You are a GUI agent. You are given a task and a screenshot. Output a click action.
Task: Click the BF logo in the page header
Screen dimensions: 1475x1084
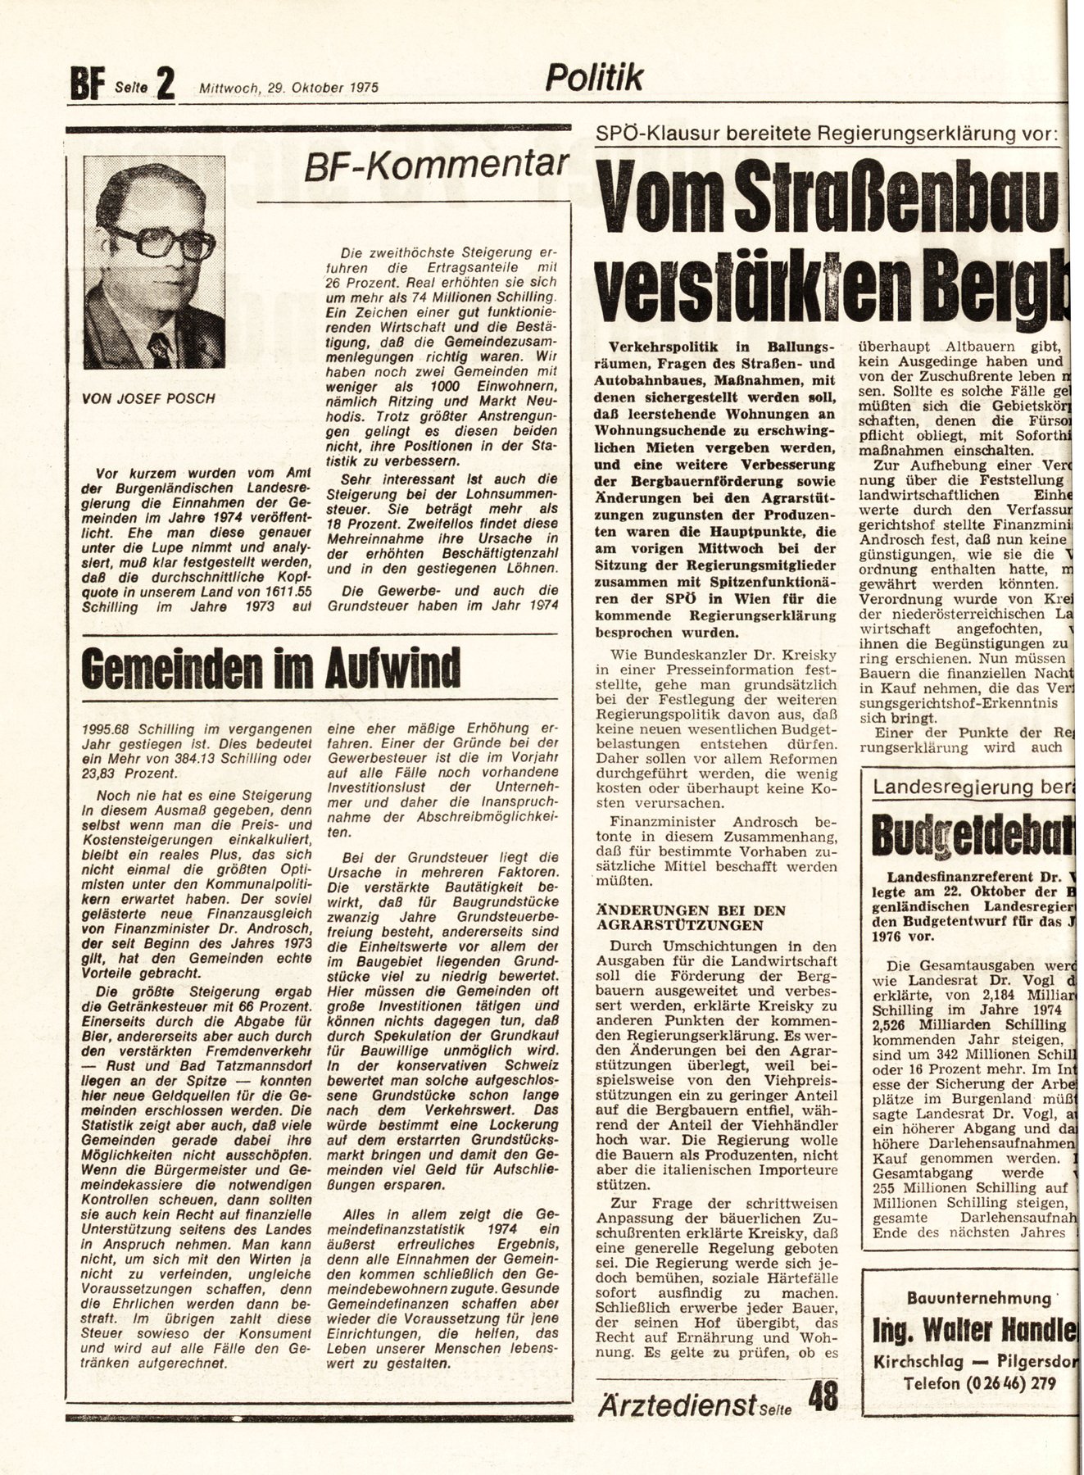(82, 84)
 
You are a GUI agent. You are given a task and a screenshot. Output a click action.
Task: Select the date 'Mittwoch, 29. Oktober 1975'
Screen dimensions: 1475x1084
(288, 88)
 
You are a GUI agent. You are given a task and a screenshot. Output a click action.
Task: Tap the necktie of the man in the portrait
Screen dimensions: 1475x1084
(160, 345)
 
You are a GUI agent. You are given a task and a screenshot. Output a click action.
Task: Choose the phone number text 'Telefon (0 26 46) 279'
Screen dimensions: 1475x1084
(978, 1384)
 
